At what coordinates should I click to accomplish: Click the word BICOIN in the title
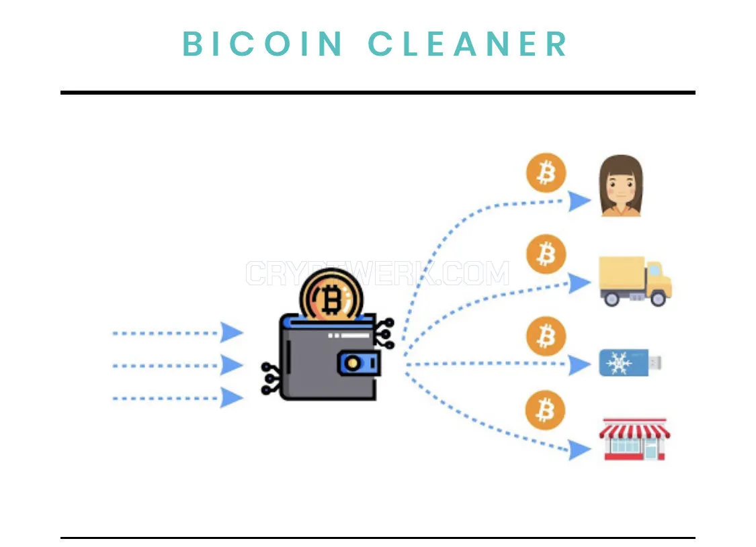262,44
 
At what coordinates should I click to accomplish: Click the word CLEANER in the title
468,44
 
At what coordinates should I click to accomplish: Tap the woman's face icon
621,186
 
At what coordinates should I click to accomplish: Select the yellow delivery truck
635,281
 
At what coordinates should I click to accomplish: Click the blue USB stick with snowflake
630,362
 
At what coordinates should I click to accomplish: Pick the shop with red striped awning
634,439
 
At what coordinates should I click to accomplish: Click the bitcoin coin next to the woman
546,173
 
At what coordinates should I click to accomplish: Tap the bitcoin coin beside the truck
546,254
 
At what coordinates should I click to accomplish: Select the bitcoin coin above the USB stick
546,336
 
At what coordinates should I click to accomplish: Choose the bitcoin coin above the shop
545,410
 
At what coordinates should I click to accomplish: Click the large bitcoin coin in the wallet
331,295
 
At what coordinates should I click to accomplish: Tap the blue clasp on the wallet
359,363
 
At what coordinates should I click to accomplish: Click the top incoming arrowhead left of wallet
232,333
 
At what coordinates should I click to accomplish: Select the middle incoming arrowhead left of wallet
232,365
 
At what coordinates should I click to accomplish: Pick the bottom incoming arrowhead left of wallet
232,398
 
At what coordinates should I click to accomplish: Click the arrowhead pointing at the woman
579,201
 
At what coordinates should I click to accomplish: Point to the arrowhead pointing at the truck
579,283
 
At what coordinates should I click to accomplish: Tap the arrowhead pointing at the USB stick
579,364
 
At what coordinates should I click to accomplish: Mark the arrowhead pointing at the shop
579,450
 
